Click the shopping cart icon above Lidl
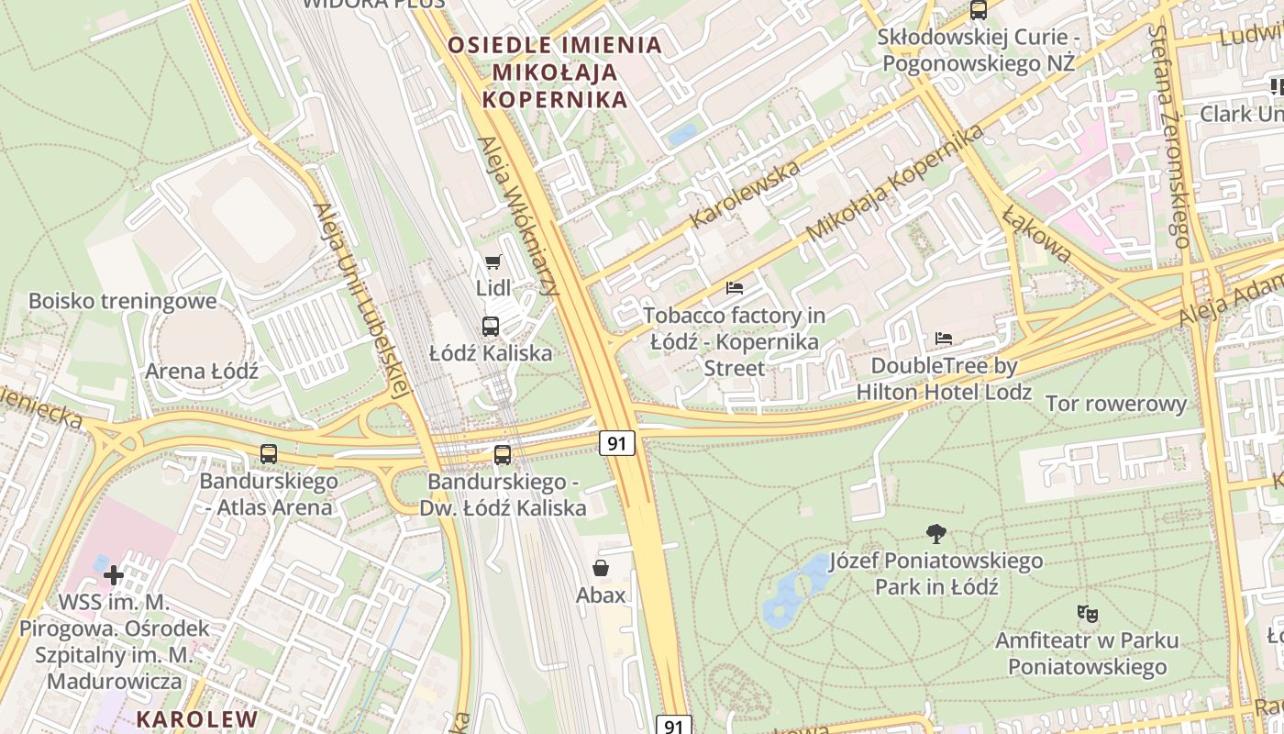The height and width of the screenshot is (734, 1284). click(x=493, y=262)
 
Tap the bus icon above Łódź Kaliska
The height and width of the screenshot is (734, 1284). click(x=491, y=326)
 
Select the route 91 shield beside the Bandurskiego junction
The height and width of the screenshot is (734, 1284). click(x=617, y=443)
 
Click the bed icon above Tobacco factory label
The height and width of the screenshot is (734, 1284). click(x=734, y=288)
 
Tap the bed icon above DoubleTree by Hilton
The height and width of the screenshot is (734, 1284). click(x=943, y=339)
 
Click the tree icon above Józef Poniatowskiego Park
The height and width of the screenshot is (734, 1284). click(x=935, y=533)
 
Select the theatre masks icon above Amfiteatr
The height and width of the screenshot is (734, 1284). click(x=1087, y=613)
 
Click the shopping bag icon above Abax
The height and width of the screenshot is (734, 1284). click(x=601, y=568)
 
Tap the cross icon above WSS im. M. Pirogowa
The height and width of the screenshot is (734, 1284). click(x=114, y=575)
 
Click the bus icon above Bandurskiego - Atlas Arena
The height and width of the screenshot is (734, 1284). click(x=269, y=453)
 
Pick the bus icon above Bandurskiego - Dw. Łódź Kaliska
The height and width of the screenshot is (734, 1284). click(x=502, y=454)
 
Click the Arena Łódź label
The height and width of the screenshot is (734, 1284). click(x=202, y=372)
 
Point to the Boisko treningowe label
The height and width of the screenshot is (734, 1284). click(x=123, y=301)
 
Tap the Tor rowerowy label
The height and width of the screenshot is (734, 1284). click(x=1115, y=404)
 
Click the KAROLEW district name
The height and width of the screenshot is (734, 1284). click(x=197, y=718)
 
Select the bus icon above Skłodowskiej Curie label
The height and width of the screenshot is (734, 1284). click(x=979, y=10)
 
